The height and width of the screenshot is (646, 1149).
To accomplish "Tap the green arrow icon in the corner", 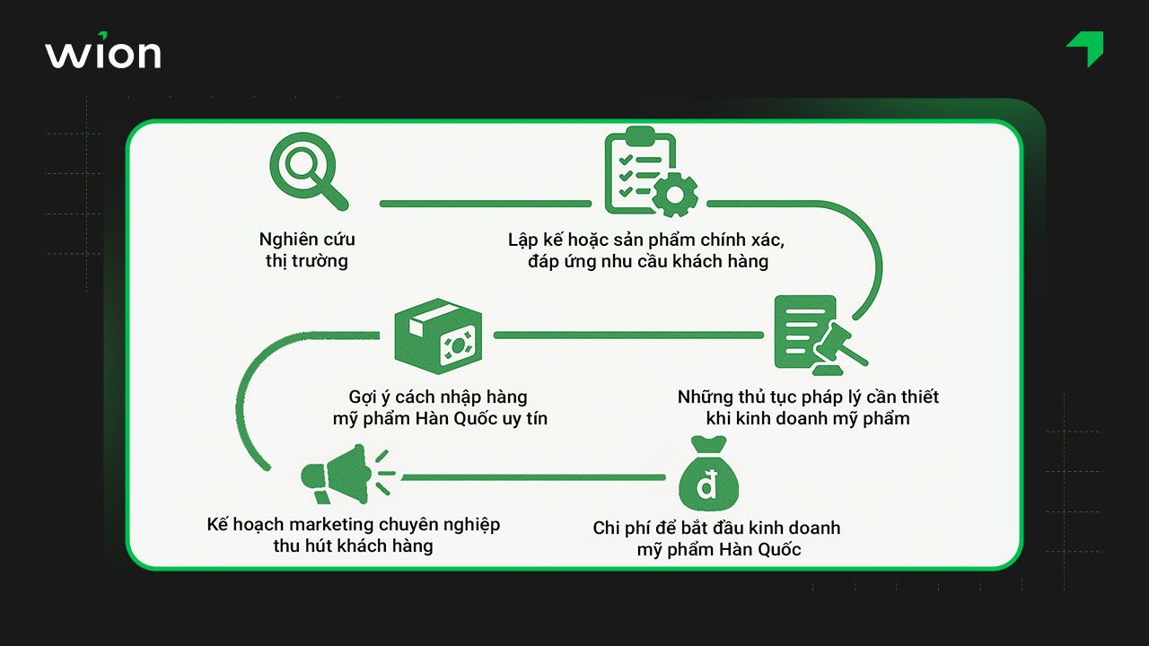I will point(1086,48).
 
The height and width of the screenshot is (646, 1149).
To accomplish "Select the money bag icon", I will point(708,476).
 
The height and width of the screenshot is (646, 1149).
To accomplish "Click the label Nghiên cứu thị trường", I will point(307,250).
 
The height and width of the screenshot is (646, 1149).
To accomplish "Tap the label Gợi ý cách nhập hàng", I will point(438,397).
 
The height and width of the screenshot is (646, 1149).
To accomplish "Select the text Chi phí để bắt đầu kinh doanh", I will point(716,528).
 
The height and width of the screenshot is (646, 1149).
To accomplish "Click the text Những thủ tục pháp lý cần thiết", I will point(808,397).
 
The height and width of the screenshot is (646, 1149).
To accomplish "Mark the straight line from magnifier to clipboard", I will point(485,204).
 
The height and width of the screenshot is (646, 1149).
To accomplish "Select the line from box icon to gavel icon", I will point(628,336).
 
